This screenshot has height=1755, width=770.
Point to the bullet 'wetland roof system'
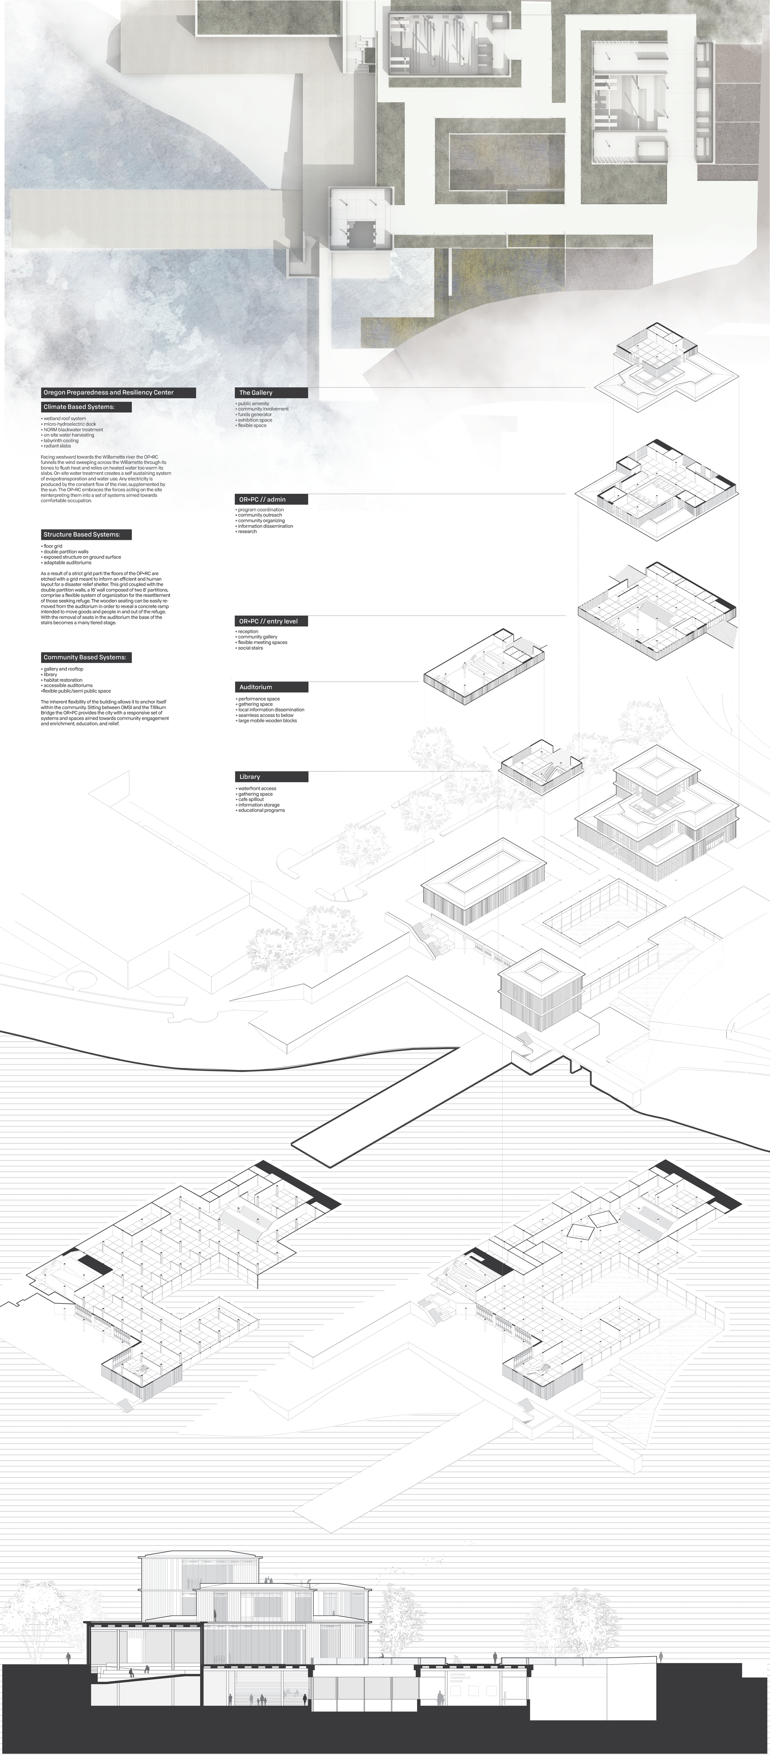pyautogui.click(x=65, y=418)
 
